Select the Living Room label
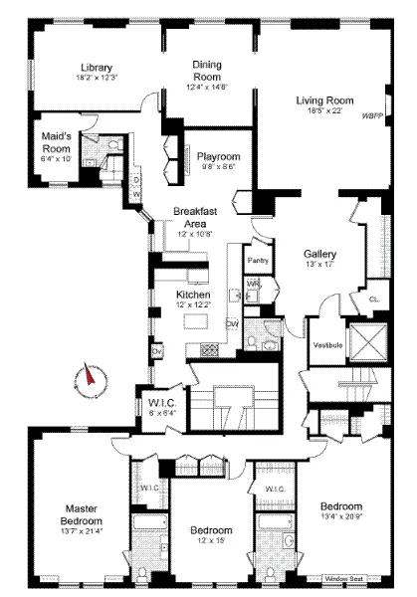point(324,99)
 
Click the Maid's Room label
point(55,141)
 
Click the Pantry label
point(259,261)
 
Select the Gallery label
point(319,254)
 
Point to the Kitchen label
point(192,296)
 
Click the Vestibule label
point(328,344)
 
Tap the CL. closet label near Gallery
point(372,298)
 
